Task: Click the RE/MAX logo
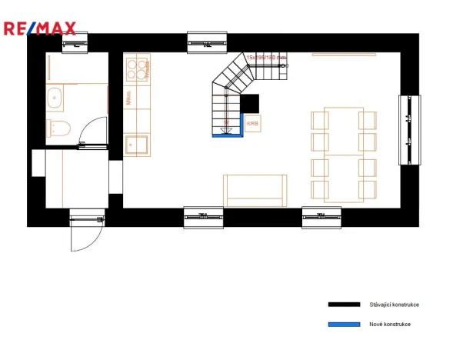pos(39,29)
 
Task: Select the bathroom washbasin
pos(55,98)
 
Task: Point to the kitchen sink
pos(138,144)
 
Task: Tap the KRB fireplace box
pos(252,122)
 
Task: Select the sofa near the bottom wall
pos(255,190)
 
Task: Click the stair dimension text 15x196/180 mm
pos(266,58)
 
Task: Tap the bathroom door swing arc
pos(95,128)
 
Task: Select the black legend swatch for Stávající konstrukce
pos(344,305)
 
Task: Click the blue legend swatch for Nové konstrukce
pos(344,325)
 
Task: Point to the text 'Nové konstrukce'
pos(390,325)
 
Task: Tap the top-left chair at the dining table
pos(320,119)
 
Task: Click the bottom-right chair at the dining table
pos(368,189)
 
